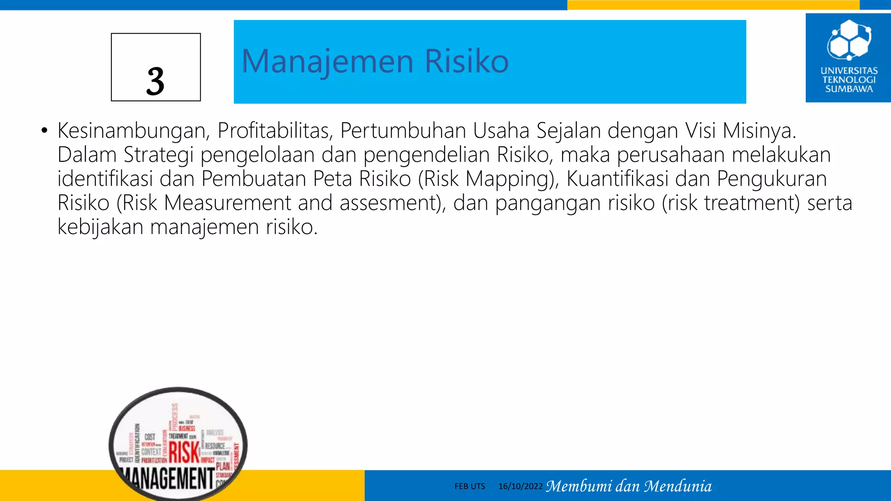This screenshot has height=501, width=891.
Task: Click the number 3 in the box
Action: (x=155, y=81)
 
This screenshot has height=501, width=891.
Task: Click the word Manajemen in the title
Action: (x=327, y=61)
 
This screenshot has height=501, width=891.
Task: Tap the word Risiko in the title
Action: (x=466, y=61)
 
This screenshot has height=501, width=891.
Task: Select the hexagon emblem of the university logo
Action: (x=848, y=40)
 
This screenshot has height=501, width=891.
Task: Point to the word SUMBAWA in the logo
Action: (x=849, y=89)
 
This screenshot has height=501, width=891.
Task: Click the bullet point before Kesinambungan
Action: (x=44, y=130)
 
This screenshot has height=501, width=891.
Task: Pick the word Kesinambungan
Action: (x=134, y=130)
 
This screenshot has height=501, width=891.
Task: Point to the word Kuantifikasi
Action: (x=617, y=179)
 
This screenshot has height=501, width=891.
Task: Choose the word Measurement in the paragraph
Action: (x=228, y=203)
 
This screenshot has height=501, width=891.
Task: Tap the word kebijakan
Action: (x=100, y=227)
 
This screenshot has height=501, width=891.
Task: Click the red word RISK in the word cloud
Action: (x=184, y=452)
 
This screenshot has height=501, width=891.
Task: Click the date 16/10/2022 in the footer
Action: (x=520, y=486)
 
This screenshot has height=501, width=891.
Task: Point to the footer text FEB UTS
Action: (x=469, y=486)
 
